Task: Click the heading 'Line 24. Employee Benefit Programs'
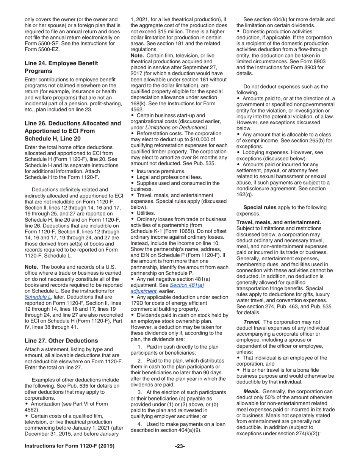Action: point(61,67)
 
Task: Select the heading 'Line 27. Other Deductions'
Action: point(61,340)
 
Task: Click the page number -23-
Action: point(180,446)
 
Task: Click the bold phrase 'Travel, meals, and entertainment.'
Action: point(279,222)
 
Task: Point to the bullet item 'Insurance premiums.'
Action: point(161,171)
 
